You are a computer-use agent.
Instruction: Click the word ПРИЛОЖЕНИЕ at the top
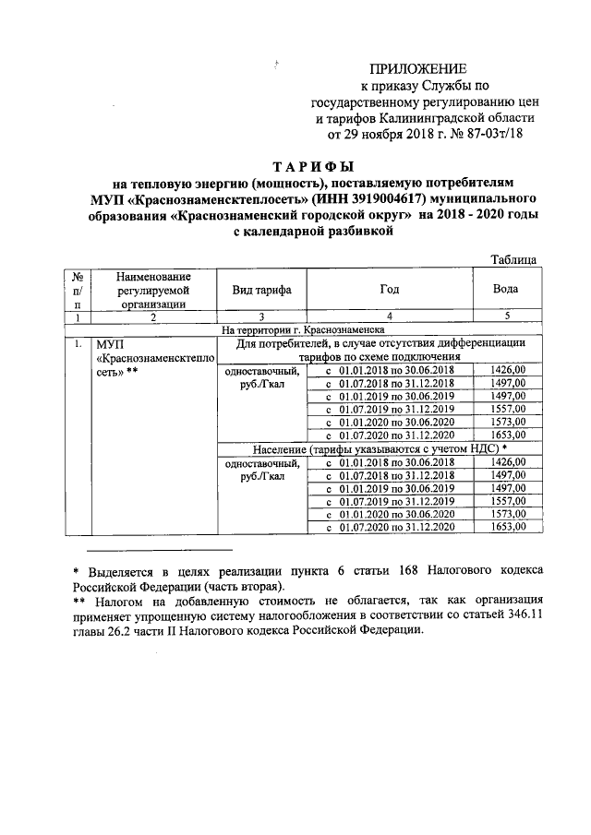pyautogui.click(x=418, y=69)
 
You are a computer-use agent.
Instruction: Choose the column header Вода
pyautogui.click(x=505, y=290)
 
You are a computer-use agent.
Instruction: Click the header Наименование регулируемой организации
pyautogui.click(x=153, y=290)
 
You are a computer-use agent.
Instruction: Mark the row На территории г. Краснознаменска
pyautogui.click(x=296, y=329)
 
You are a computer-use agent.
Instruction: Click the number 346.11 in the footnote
pyautogui.click(x=524, y=615)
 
